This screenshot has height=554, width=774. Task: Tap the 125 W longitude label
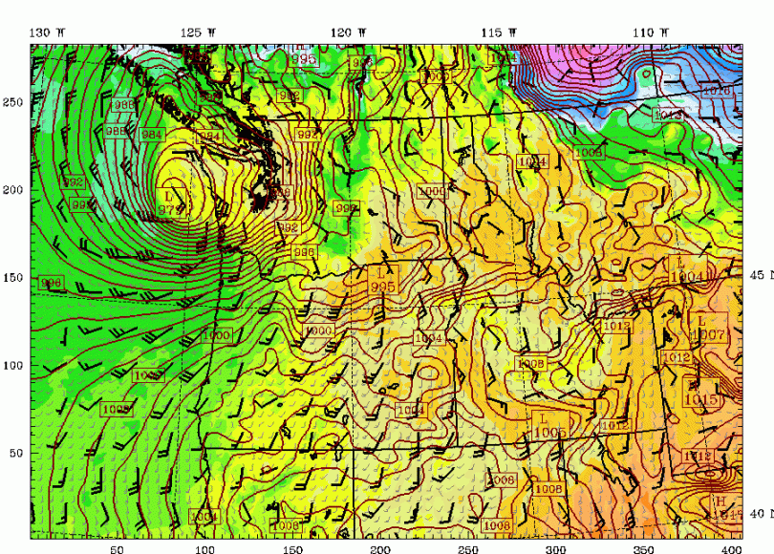pos(198,32)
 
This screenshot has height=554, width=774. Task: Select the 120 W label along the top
pos(349,32)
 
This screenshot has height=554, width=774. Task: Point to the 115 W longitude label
pos(499,32)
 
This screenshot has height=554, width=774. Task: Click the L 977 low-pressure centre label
pos(169,203)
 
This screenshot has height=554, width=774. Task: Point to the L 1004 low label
pos(687,270)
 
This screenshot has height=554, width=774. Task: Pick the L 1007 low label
pos(707,330)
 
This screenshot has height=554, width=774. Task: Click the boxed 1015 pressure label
pos(701,399)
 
